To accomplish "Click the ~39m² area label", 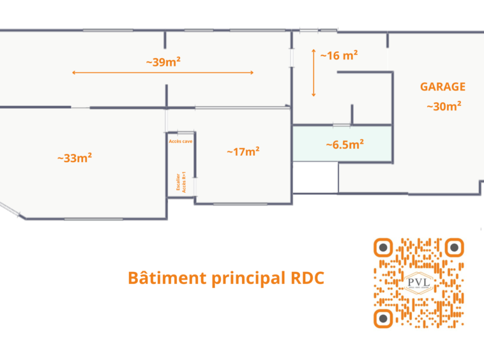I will click(x=163, y=62).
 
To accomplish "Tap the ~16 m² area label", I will click(x=338, y=56).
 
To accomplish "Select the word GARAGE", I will click(x=442, y=87).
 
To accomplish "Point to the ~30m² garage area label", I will click(x=444, y=107).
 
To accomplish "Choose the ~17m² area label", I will click(x=243, y=151).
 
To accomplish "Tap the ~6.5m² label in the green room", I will click(x=345, y=144).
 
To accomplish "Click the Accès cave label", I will click(x=181, y=140).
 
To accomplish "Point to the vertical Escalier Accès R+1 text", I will click(x=181, y=182).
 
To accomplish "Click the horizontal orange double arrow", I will click(x=163, y=73).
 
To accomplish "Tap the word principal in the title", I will click(x=243, y=279).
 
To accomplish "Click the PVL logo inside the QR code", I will click(x=418, y=282).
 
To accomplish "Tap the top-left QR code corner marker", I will click(x=382, y=247).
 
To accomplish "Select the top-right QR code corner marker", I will click(x=454, y=247).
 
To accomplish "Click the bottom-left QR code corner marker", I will click(x=382, y=318).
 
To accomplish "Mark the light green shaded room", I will click(x=342, y=144).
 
